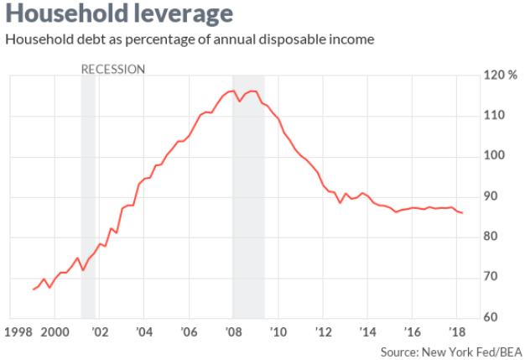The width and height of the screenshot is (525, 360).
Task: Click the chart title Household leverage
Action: coord(117,16)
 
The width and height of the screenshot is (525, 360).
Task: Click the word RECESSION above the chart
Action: coord(113,69)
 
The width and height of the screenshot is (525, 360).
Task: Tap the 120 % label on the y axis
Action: coord(500,76)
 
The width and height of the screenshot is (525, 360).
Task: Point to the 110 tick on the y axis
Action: coord(495,116)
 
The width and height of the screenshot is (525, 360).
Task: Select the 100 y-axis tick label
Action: coord(495,156)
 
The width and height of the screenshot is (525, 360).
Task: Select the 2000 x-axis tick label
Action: coord(55,331)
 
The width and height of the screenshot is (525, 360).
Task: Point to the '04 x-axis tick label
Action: coord(143,331)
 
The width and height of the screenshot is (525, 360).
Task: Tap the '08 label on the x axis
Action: coord(233,331)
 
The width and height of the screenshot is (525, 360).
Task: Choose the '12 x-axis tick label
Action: coord(322,331)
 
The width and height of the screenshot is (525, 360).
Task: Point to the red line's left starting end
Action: coord(33,290)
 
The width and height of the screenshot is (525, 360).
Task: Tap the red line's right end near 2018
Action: coord(463,213)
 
